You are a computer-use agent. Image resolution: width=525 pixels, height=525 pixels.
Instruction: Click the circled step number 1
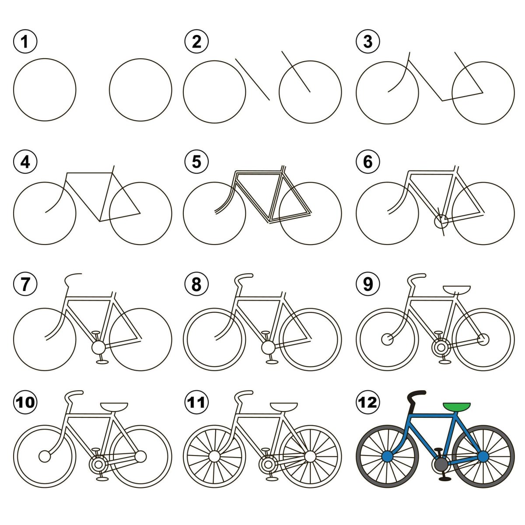pyautogui.click(x=25, y=42)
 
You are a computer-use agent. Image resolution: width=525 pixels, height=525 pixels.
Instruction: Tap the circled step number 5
pyautogui.click(x=196, y=162)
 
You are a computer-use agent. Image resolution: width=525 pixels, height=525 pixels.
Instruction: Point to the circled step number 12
pyautogui.click(x=368, y=402)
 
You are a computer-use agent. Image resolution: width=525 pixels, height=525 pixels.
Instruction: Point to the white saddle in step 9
pyautogui.click(x=457, y=289)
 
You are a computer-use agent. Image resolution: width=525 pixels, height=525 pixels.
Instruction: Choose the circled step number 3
pyautogui.click(x=368, y=42)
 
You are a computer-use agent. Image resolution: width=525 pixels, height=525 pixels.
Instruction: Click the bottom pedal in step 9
pyautogui.click(x=444, y=362)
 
